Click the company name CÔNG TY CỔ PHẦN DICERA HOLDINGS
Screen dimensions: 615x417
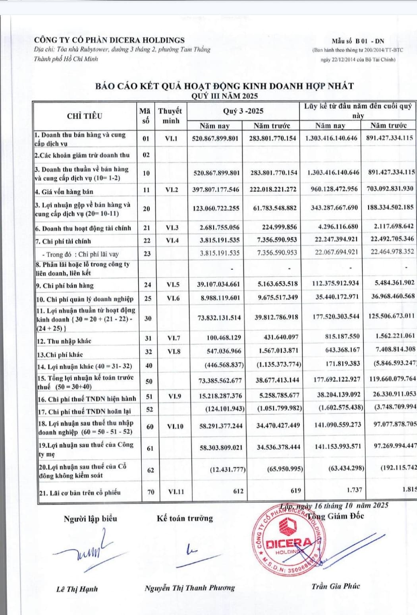coord(109,40)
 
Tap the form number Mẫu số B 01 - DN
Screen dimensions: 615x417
coord(358,41)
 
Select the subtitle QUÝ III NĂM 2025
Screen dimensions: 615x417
coord(224,96)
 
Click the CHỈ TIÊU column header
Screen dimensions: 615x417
coord(85,116)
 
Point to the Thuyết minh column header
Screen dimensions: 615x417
coord(170,116)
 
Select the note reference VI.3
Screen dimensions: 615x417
coord(172,228)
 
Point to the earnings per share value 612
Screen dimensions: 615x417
coord(238,491)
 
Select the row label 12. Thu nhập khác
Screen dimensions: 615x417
coord(64,341)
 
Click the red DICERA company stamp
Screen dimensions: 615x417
coord(288,541)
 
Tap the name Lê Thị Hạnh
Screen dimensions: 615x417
coord(77,589)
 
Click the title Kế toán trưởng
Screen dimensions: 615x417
coord(185,518)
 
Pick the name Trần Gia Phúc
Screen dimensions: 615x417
coord(336,586)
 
